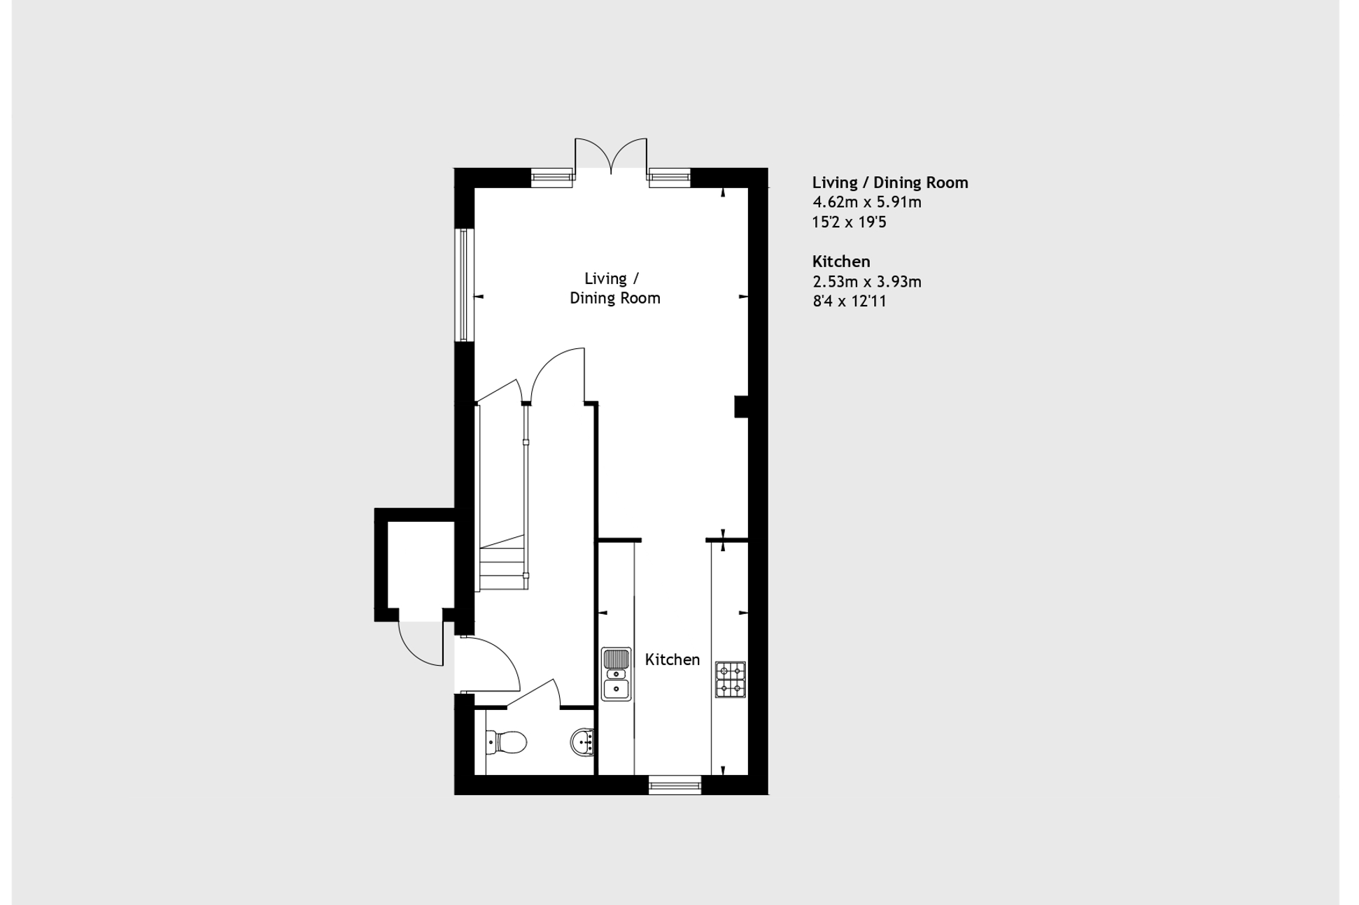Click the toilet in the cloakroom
[506, 742]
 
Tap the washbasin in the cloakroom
[583, 741]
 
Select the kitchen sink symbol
[616, 674]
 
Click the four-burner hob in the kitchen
[730, 679]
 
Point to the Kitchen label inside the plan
[672, 660]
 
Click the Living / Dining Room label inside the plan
[614, 288]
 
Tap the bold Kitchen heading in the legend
[840, 262]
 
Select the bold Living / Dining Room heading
[889, 183]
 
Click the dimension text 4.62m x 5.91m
[866, 202]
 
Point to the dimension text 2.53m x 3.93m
[866, 282]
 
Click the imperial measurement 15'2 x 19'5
[849, 222]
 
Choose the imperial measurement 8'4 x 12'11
[849, 301]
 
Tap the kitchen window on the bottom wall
[675, 785]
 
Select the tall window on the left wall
[463, 285]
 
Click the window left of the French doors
[552, 178]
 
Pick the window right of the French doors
[669, 178]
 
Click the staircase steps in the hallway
[502, 560]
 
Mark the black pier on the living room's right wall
[740, 407]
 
